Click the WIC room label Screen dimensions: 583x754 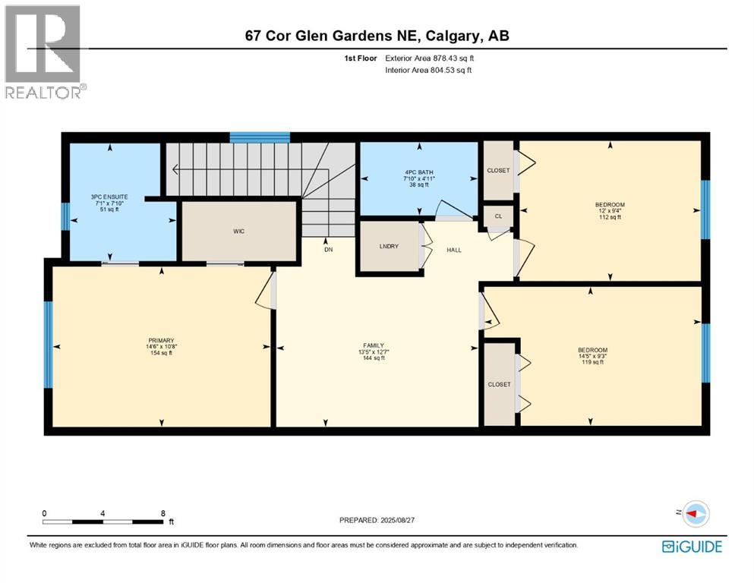click(238, 231)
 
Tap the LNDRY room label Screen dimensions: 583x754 click(389, 246)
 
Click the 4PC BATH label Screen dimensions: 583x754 click(418, 171)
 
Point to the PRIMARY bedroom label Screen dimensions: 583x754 click(161, 340)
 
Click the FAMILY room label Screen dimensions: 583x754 click(377, 345)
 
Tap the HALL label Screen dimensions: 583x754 click(454, 250)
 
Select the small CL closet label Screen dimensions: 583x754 click(498, 216)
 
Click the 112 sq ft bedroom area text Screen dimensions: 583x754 click(609, 217)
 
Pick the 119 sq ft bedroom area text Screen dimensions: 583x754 click(592, 362)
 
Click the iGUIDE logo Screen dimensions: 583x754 click(692, 546)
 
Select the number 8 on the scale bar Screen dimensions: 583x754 click(162, 512)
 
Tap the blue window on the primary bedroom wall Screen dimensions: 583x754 click(49, 345)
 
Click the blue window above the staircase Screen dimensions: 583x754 click(260, 137)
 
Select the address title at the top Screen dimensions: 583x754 click(377, 35)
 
